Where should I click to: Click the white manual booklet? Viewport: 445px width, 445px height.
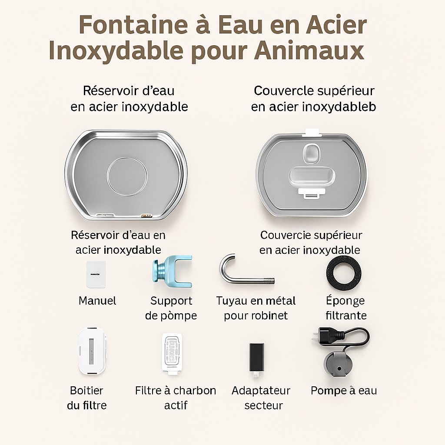coord(96,274)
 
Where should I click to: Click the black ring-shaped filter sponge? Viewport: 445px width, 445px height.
coord(343,272)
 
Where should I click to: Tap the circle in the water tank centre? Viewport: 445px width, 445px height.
coord(127,176)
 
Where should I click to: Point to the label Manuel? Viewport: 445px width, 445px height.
coord(97,301)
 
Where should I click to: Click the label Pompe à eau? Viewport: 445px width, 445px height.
coord(343,391)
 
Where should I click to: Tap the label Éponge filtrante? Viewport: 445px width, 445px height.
coord(346,308)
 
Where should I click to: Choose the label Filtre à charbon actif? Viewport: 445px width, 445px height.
coord(176,398)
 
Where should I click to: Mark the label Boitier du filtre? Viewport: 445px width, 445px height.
coord(87,398)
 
